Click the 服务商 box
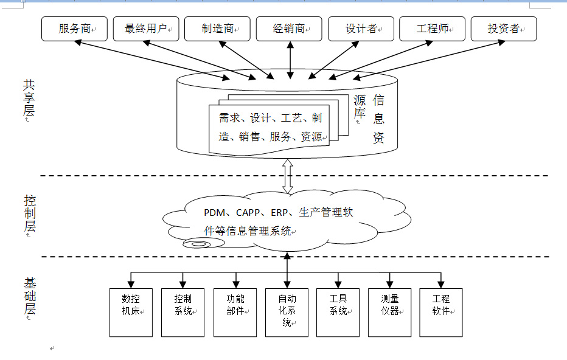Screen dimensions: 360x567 point(74,29)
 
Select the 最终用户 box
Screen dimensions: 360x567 point(146,29)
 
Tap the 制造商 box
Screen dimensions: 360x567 point(217,29)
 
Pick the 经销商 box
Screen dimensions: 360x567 point(289,29)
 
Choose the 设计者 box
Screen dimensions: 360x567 point(361,29)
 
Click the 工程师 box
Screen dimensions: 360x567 point(432,29)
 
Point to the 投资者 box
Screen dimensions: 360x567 point(504,29)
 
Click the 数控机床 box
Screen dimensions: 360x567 point(131,312)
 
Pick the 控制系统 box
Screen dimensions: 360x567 point(183,312)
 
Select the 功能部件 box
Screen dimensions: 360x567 point(235,312)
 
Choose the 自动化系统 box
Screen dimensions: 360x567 point(287,312)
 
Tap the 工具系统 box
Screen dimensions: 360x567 point(338,312)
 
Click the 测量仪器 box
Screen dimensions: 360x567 point(390,312)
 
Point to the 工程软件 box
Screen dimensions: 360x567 point(441,312)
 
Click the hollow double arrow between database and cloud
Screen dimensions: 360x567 point(288,176)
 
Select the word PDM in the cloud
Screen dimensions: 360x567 point(215,213)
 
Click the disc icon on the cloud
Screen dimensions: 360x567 point(198,244)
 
